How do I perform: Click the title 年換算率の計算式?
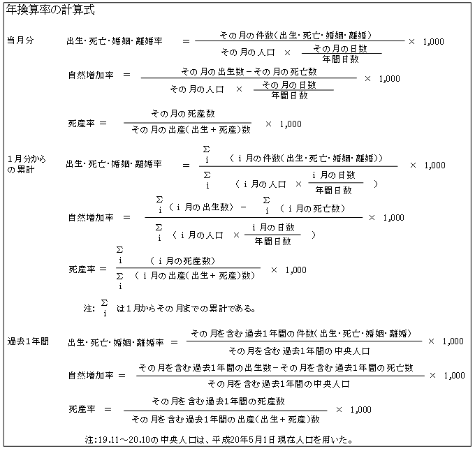50,10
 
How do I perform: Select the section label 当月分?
20,41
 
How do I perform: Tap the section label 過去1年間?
28,341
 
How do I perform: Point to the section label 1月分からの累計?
27,164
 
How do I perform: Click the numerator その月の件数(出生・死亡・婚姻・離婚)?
295,36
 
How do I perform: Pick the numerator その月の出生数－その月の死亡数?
249,72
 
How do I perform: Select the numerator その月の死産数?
183,114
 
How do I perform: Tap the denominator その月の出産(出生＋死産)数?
191,130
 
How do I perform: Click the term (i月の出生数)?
201,207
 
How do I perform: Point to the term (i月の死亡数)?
313,208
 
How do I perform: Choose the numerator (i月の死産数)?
183,260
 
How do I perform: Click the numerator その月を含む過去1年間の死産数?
218,401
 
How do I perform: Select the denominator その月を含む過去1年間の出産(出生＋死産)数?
226,419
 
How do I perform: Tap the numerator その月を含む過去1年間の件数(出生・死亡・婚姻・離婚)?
302,333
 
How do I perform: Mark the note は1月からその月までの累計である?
186,309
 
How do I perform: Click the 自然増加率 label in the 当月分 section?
91,75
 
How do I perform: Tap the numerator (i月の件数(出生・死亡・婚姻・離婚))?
306,158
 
